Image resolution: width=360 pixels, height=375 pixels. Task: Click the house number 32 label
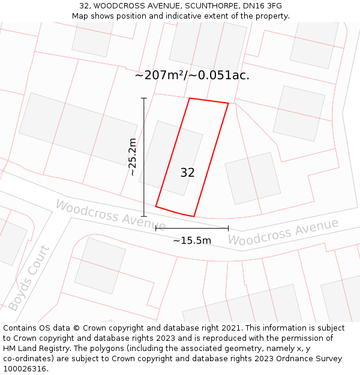coord(187,173)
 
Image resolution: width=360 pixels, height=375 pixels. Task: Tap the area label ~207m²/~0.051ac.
coord(192,76)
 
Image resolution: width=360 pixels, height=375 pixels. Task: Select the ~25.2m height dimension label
coord(133,157)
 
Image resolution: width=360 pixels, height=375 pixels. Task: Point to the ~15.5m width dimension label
coord(192,241)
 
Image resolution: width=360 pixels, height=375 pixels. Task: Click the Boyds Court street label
coord(29,278)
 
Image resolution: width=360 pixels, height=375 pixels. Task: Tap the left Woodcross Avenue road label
coord(102,214)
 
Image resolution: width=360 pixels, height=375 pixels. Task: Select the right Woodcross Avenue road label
coord(283,232)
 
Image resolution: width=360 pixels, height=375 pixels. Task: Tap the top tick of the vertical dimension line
coord(143,98)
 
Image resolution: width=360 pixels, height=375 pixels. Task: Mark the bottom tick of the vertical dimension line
coord(143,216)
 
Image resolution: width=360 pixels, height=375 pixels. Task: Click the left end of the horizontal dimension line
coord(156,228)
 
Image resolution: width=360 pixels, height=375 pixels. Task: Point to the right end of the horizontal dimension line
coord(228,228)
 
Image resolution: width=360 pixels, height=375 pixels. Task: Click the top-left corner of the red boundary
coord(190,98)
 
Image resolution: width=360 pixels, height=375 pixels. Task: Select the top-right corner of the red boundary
coord(228,103)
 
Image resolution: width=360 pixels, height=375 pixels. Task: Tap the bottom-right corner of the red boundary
coord(194,216)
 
